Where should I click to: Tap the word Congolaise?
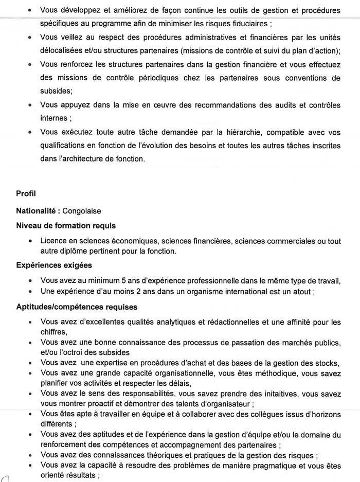tap(82, 211)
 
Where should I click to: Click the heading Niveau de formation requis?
tap(66, 225)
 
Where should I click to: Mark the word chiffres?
tap(53, 332)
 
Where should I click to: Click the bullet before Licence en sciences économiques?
tap(32, 241)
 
